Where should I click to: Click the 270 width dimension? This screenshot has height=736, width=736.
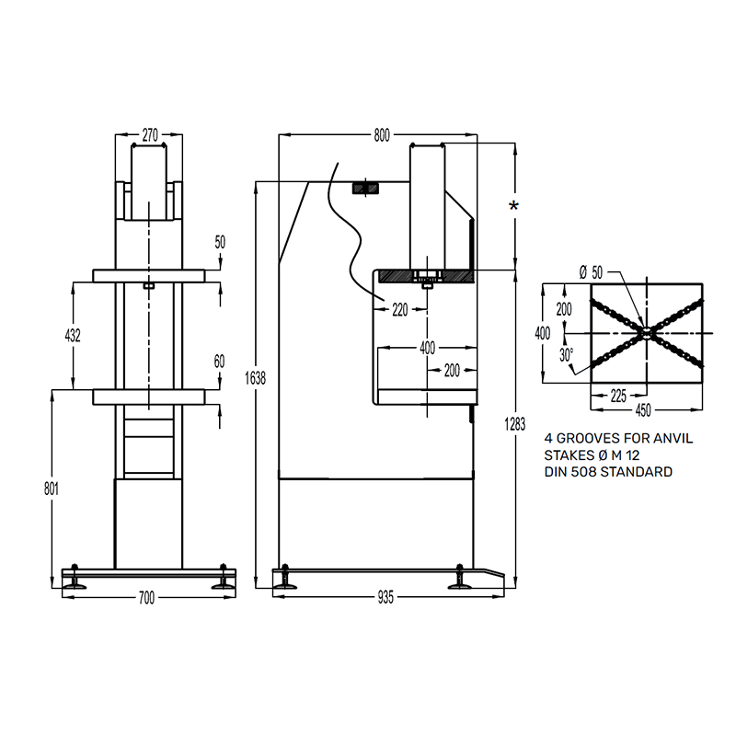150,135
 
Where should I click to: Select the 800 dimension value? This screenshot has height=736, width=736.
382,135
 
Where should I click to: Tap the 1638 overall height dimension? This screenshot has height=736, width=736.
256,378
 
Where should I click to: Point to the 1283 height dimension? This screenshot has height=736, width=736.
515,424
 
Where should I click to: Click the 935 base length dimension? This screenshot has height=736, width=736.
385,597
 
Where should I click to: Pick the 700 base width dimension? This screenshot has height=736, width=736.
147,598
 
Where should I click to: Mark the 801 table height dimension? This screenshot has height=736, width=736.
52,489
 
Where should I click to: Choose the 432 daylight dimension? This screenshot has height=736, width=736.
73,335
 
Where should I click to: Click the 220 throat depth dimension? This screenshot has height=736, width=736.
400,310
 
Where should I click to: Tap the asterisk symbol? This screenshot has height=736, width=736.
514,205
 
